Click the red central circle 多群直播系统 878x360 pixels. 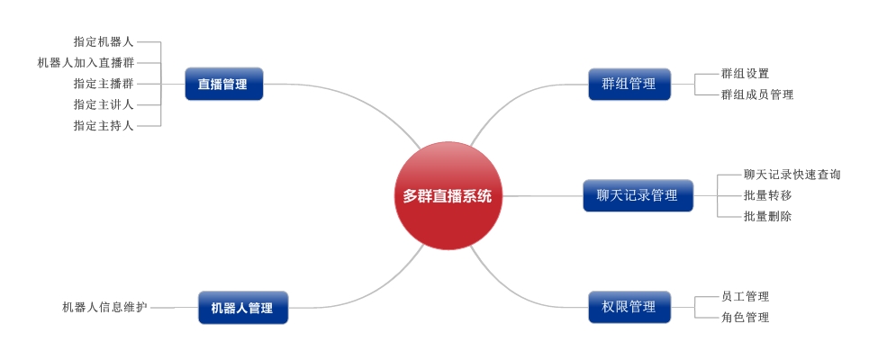pyautogui.click(x=448, y=195)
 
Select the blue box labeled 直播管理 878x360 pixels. pyautogui.click(x=224, y=84)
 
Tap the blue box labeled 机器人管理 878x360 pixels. pyautogui.click(x=243, y=308)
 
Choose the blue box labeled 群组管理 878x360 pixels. pyautogui.click(x=629, y=84)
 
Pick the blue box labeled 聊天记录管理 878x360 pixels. pyautogui.click(x=638, y=195)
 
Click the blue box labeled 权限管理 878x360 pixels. pyautogui.click(x=629, y=307)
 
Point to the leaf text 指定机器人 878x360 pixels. pyautogui.click(x=104, y=41)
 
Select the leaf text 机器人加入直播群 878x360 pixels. pyautogui.click(x=86, y=63)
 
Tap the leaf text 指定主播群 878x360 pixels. pyautogui.click(x=104, y=84)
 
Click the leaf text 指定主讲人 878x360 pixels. pyautogui.click(x=104, y=104)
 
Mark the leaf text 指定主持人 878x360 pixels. pyautogui.click(x=104, y=126)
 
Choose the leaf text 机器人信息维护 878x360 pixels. pyautogui.click(x=104, y=308)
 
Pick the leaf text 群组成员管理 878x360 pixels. pyautogui.click(x=757, y=94)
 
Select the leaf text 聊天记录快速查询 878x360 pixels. pyautogui.click(x=792, y=175)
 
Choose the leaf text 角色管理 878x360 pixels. pyautogui.click(x=746, y=318)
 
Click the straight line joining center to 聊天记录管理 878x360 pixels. pyautogui.click(x=543, y=196)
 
